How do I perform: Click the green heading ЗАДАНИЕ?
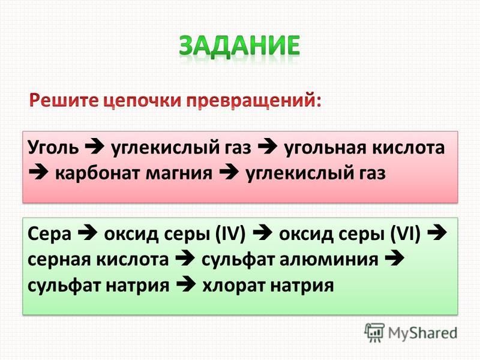pyautogui.click(x=239, y=46)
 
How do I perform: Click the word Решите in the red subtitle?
pyautogui.click(x=63, y=100)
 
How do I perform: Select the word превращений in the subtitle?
pyautogui.click(x=254, y=101)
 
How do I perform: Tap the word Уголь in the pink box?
pyautogui.click(x=53, y=147)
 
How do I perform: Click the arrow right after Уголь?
pyautogui.click(x=95, y=147)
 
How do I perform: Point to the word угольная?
pyautogui.click(x=325, y=148)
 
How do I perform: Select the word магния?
pyautogui.click(x=179, y=173)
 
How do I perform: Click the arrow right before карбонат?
pyautogui.click(x=38, y=173)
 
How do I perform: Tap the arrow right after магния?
pyautogui.click(x=229, y=173)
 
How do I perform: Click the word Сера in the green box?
pyautogui.click(x=49, y=234)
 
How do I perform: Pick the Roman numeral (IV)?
pyautogui.click(x=230, y=234)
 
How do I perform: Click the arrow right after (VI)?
pyautogui.click(x=437, y=233)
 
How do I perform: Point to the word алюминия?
pyautogui.click(x=329, y=260)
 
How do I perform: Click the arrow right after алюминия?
pyautogui.click(x=395, y=259)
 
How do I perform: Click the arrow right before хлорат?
pyautogui.click(x=185, y=285)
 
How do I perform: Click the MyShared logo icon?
pyautogui.click(x=374, y=332)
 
